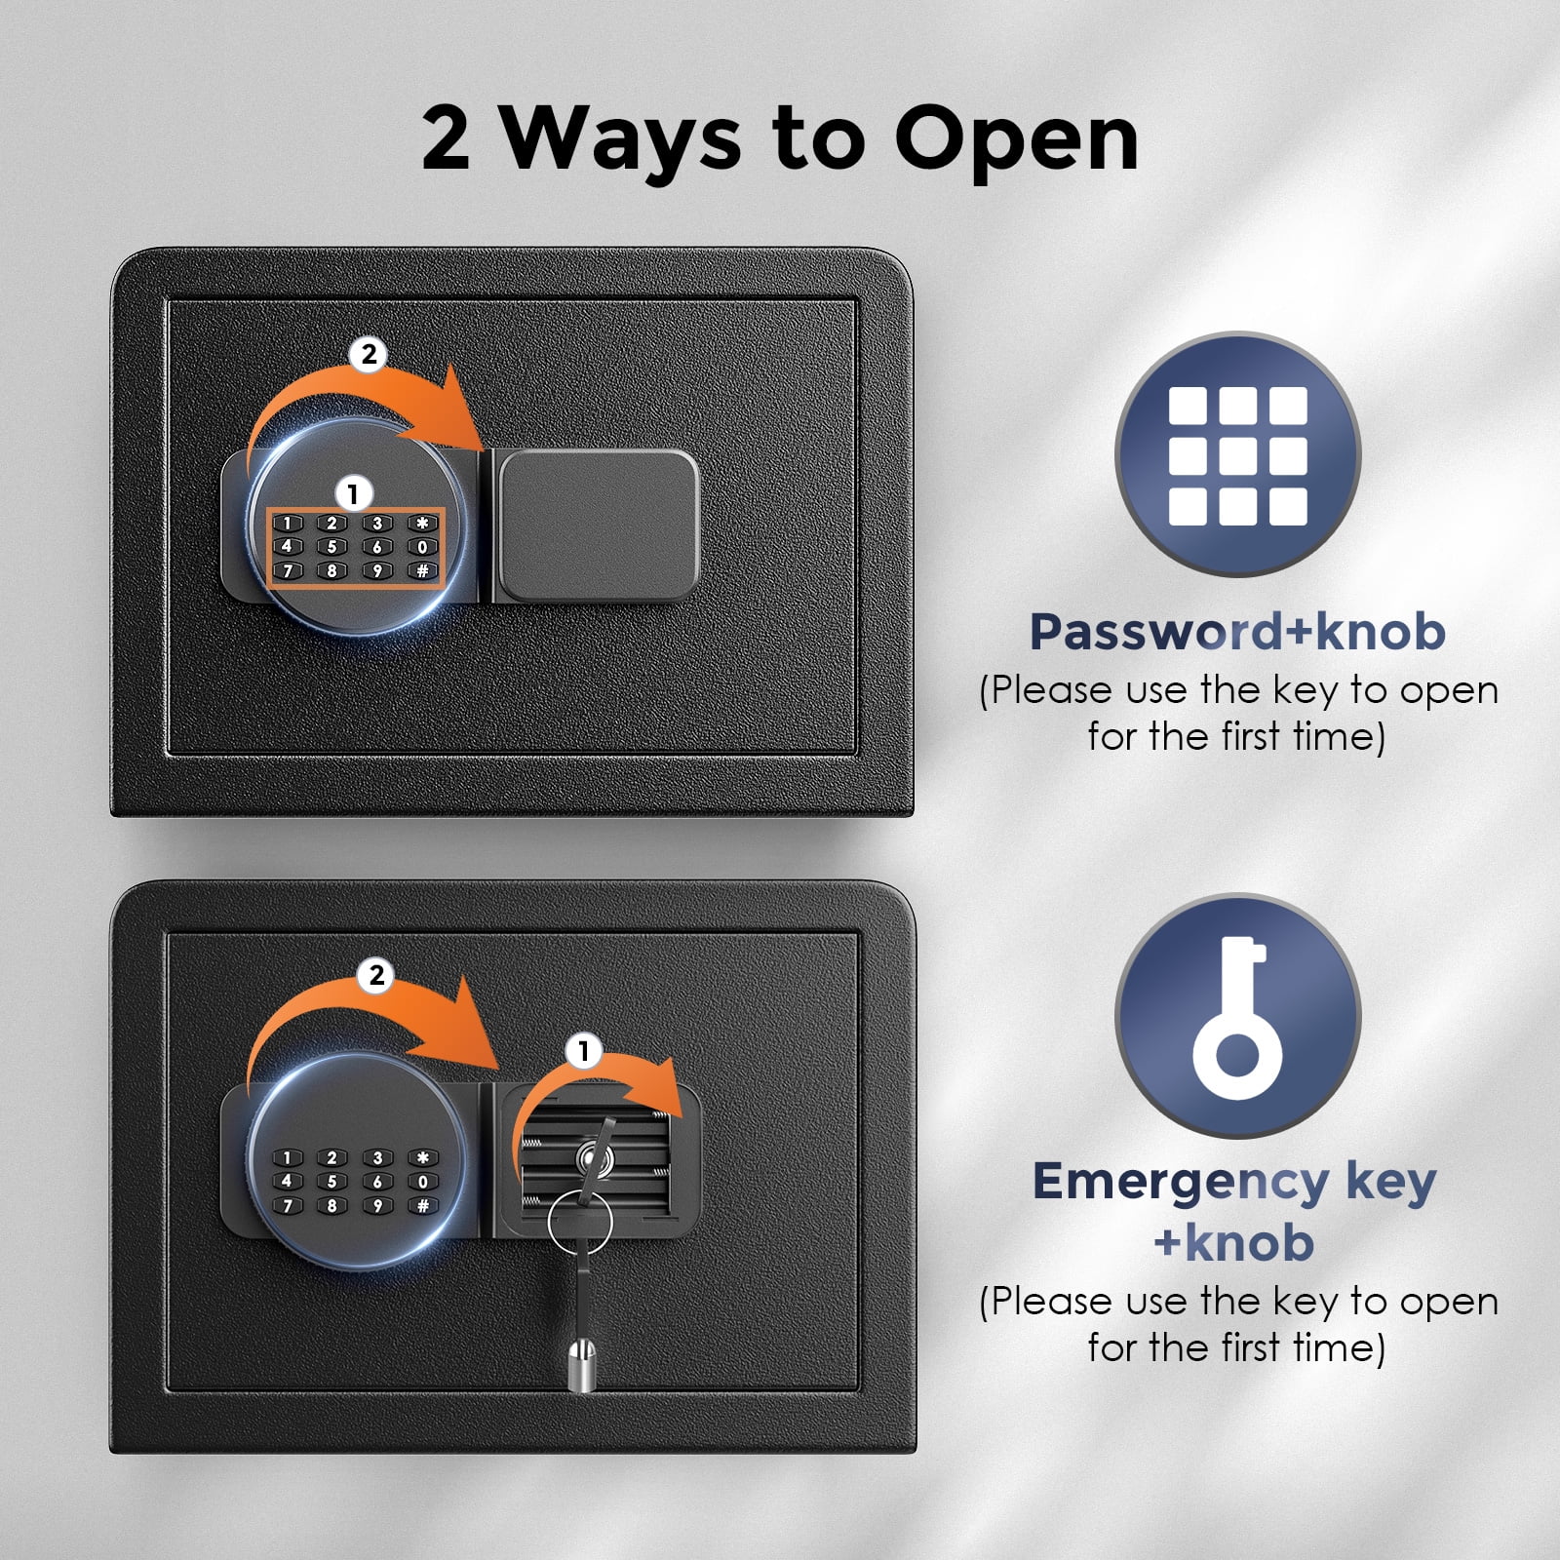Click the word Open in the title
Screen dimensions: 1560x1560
point(1016,139)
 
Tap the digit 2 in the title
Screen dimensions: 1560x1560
point(447,137)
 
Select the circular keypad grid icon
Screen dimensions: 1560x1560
point(1237,454)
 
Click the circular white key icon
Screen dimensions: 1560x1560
point(1237,1016)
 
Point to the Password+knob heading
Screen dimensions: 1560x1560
point(1237,631)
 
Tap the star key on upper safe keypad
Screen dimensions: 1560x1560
point(422,524)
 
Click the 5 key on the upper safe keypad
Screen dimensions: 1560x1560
point(331,547)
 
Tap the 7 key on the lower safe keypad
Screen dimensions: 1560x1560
point(287,1205)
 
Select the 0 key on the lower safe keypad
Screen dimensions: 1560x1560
point(422,1182)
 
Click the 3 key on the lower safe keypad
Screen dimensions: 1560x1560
point(377,1158)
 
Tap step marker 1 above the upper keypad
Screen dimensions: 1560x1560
point(353,493)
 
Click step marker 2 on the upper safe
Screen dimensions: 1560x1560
point(369,354)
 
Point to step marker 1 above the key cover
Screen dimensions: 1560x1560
point(584,1051)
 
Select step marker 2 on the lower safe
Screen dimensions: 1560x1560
point(376,975)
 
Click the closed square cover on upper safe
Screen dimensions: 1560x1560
point(598,525)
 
